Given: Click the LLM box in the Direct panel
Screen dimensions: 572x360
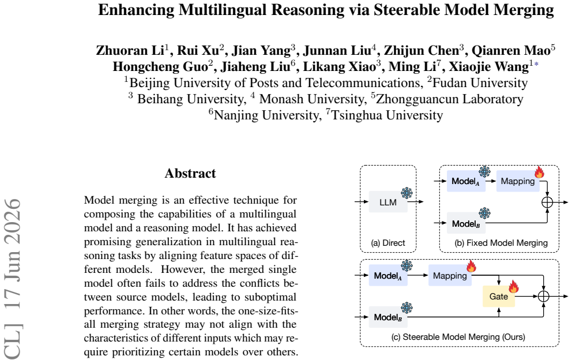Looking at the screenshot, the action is click(388, 201).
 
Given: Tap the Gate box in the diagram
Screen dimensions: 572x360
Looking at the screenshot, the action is click(499, 296).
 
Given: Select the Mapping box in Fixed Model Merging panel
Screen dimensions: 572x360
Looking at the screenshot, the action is click(518, 181).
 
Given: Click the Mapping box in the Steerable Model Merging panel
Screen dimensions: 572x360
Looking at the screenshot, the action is click(450, 275).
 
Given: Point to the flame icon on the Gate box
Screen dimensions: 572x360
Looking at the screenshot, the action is click(514, 287).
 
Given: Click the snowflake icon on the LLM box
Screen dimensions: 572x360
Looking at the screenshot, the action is click(407, 193).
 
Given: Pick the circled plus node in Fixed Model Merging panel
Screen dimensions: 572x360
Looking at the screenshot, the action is click(547, 202).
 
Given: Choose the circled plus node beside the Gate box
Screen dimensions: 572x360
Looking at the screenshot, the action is click(544, 296).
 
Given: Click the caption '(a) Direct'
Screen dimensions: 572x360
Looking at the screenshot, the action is click(388, 243).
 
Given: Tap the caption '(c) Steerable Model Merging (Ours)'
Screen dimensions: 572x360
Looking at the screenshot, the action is click(458, 336).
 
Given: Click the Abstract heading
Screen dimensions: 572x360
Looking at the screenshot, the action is click(190, 173).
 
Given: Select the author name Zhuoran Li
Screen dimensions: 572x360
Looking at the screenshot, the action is click(130, 50).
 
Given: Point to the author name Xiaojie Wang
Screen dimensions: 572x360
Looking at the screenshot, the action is click(489, 66).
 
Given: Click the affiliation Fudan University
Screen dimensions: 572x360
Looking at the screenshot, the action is click(480, 83).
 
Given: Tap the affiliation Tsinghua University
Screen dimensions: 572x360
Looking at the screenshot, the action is click(387, 115).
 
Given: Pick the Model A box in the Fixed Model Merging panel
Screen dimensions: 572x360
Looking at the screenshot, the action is click(466, 181).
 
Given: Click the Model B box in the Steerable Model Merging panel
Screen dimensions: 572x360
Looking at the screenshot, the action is click(388, 317).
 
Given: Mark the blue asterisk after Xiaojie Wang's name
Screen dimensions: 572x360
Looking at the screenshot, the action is click(536, 65).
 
